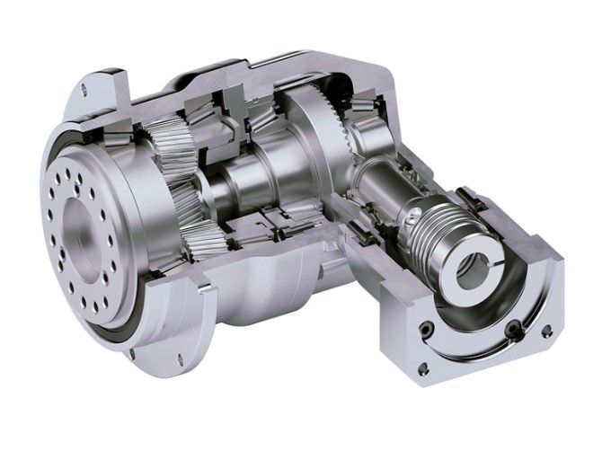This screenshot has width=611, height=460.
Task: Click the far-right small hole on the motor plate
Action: tap(547, 332)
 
